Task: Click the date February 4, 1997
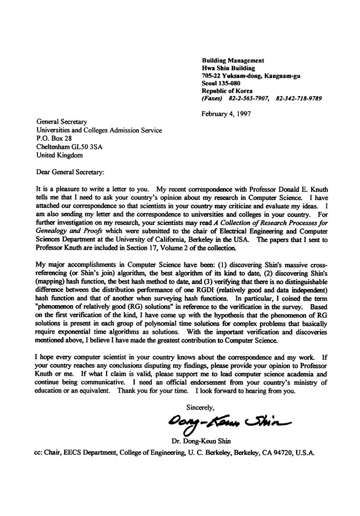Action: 226,113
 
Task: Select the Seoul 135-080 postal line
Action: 221,83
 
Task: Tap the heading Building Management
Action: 233,60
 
